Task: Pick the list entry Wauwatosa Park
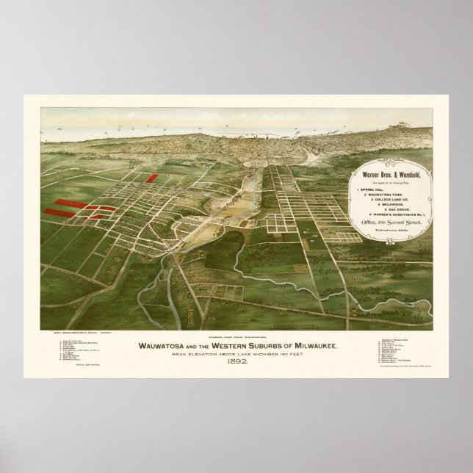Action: (x=384, y=195)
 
